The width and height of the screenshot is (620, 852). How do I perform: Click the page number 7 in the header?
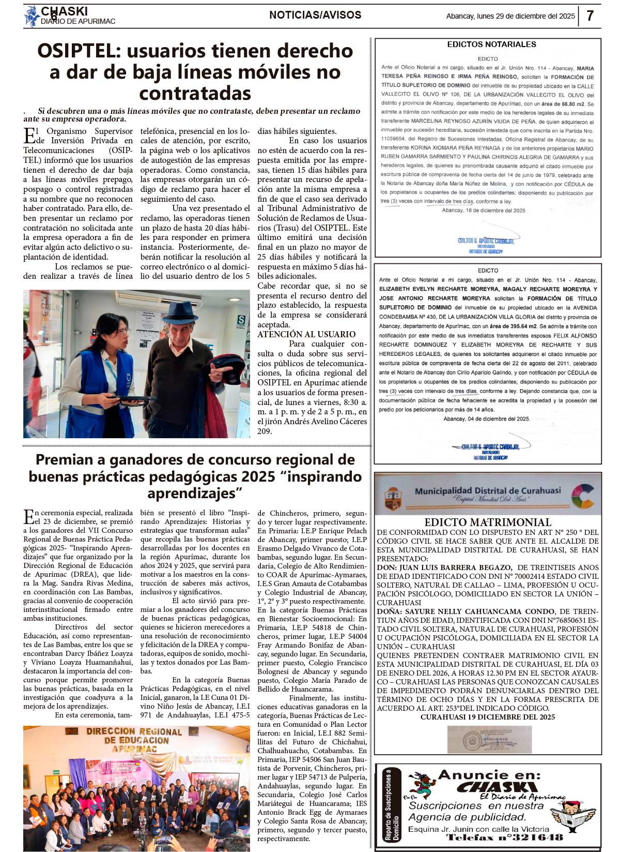tap(590, 16)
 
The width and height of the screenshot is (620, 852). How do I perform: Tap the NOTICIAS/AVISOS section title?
tap(315, 15)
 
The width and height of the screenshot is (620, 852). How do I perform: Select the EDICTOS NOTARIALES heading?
tap(491, 44)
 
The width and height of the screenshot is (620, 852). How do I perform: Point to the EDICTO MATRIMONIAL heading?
tap(488, 522)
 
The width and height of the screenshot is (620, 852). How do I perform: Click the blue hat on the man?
tap(179, 312)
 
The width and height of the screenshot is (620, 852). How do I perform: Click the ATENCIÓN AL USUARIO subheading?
tap(306, 334)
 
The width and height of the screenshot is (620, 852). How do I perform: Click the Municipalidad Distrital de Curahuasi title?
tap(488, 490)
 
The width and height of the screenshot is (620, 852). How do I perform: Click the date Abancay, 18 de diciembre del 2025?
tap(484, 211)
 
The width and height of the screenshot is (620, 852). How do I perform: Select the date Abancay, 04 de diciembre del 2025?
tap(486, 418)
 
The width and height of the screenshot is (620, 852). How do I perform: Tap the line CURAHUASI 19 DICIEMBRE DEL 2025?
tap(487, 717)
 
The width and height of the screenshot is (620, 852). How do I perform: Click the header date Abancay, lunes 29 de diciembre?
tap(510, 16)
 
